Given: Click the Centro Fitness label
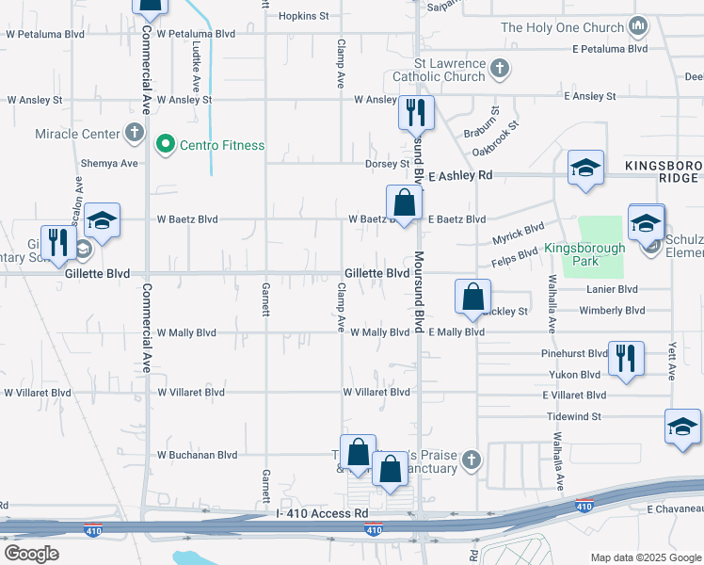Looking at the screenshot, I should (223, 145).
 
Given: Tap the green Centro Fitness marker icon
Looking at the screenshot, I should (166, 145).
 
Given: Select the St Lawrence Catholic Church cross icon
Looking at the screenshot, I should (500, 69).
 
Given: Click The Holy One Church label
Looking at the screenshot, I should (563, 27).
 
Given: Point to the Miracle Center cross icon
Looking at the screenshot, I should (135, 134).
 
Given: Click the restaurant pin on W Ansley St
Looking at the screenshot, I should (414, 113).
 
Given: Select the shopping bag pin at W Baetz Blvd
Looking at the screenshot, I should (404, 202).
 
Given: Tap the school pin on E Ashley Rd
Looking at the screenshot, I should (585, 169).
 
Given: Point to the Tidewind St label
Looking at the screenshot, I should (572, 415).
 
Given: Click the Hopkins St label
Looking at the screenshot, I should (303, 16).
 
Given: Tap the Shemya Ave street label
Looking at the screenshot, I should (109, 163).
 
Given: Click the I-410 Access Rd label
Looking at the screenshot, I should (323, 513).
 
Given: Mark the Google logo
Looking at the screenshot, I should (31, 553).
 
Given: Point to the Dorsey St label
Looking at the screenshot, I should (388, 163).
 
